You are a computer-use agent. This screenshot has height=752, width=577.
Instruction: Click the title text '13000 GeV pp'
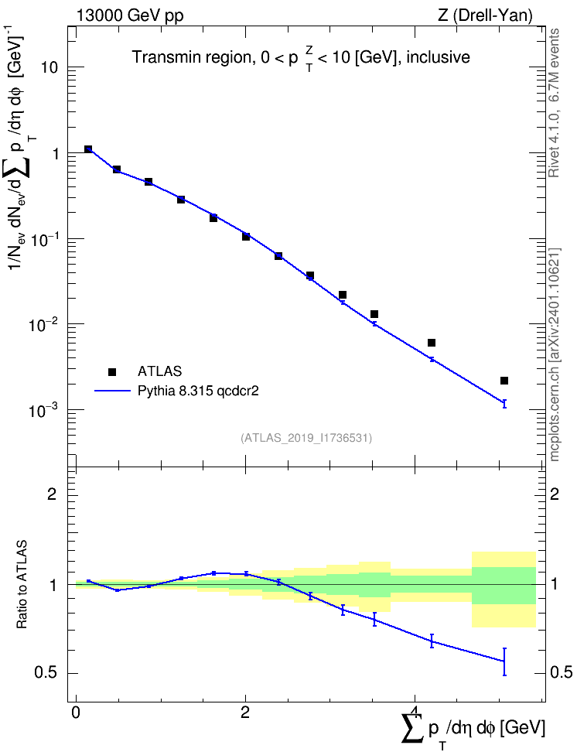[x=129, y=15]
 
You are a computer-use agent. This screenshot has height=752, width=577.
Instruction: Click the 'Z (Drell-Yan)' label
[x=485, y=15]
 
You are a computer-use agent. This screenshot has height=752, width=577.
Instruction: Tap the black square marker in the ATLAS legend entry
[x=112, y=371]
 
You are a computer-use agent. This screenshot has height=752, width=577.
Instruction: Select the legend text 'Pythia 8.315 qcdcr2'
[x=198, y=391]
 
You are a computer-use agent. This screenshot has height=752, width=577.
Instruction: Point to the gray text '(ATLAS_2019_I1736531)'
[x=306, y=438]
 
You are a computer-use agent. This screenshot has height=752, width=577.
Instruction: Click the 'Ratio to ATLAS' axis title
[x=22, y=584]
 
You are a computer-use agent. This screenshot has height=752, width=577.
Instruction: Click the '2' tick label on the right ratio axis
[x=555, y=494]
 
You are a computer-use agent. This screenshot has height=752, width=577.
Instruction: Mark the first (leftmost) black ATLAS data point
[x=87, y=149]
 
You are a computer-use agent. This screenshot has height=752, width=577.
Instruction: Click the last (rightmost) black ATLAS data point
[x=504, y=381]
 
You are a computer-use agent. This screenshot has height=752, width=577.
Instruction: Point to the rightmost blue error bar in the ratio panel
[x=504, y=661]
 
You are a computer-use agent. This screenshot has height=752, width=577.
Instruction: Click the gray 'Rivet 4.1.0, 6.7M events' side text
[x=554, y=103]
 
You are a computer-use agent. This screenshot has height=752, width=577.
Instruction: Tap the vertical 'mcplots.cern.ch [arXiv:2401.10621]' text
[x=554, y=354]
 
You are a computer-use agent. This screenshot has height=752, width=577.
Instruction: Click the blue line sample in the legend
[x=112, y=391]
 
